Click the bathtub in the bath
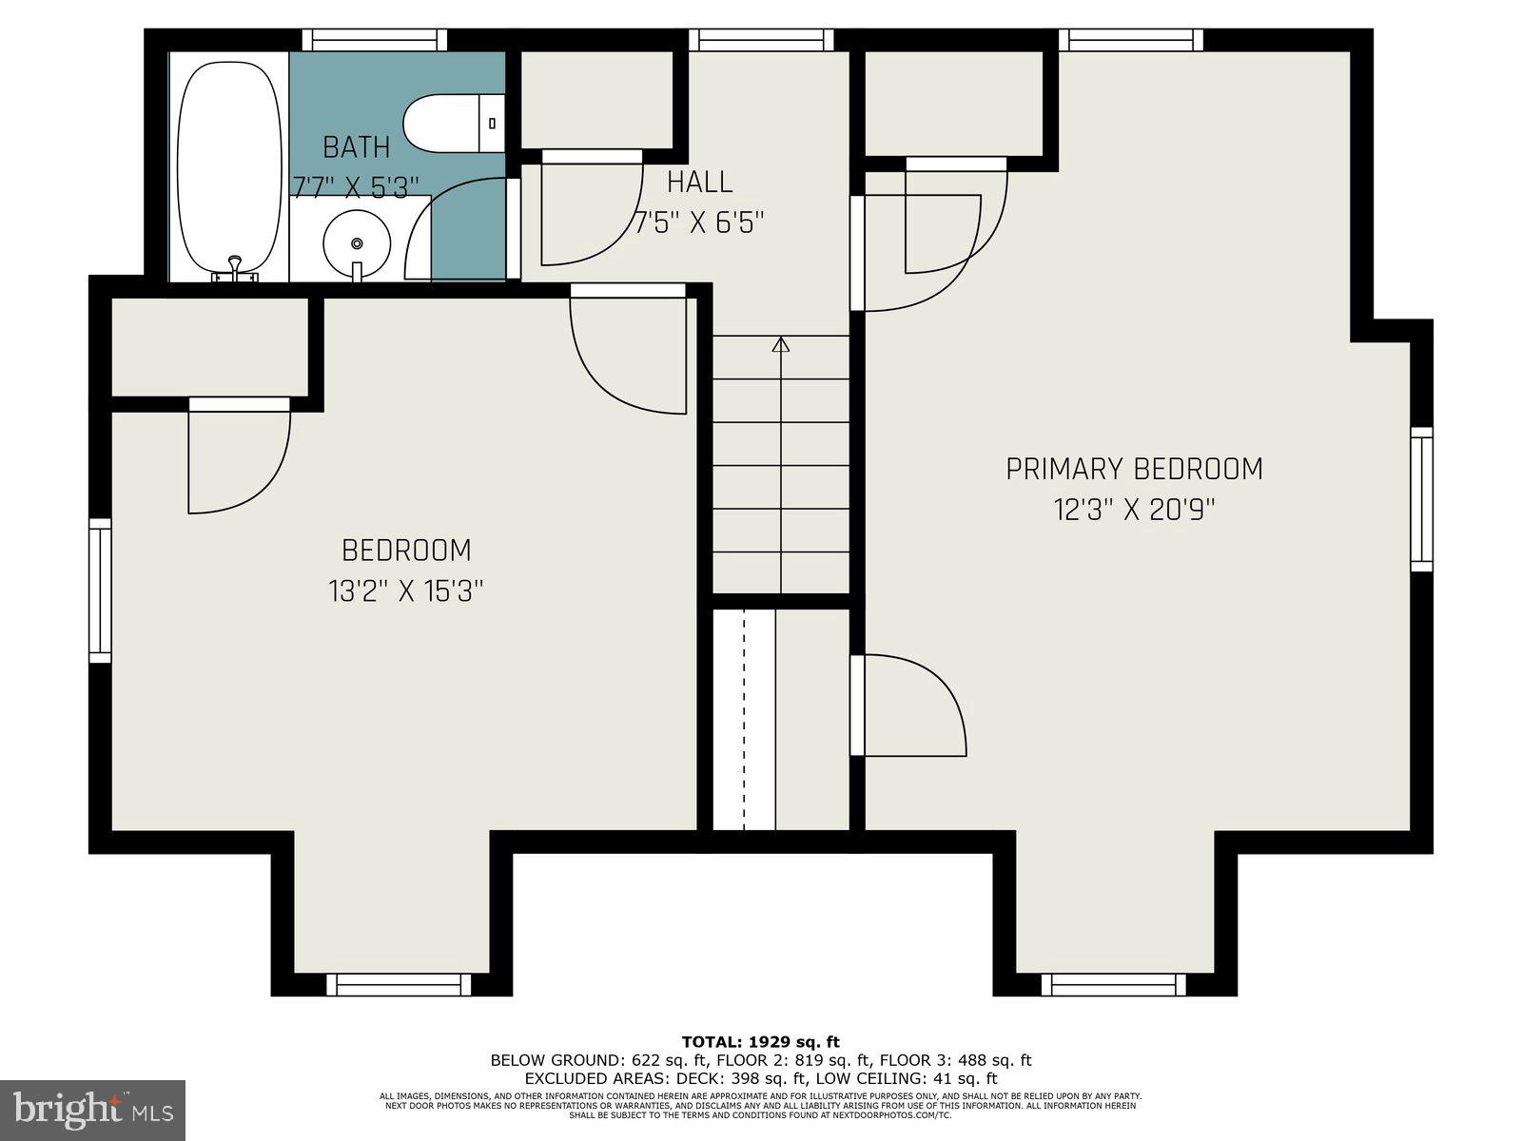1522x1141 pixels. [x=230, y=166]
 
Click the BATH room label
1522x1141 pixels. [x=356, y=147]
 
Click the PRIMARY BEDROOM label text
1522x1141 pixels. [x=1134, y=469]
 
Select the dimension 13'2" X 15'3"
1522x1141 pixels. [x=407, y=591]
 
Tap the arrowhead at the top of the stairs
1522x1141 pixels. [x=781, y=344]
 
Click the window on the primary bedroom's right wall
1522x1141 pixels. [x=1420, y=499]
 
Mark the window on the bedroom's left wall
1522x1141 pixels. [x=100, y=590]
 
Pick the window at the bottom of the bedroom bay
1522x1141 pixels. [x=399, y=984]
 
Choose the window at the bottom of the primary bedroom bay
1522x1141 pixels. [x=1114, y=984]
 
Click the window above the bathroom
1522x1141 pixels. [x=375, y=40]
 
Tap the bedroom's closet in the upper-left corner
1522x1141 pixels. [x=210, y=347]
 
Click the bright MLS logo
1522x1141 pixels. [x=92, y=1110]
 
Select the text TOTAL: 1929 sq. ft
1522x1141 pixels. [x=760, y=1042]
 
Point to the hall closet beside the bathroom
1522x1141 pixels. [x=596, y=100]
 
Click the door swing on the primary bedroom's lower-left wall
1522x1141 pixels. [x=913, y=706]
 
